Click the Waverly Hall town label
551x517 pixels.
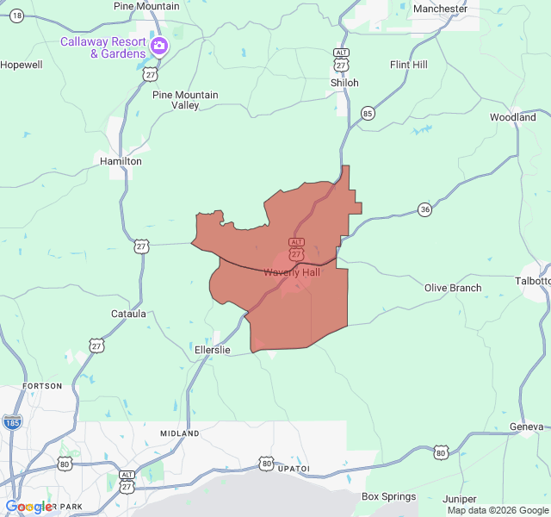[x=292, y=272]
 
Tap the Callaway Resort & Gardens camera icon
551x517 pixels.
[x=158, y=46]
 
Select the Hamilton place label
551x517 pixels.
[x=121, y=161]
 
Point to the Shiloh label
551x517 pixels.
[x=344, y=83]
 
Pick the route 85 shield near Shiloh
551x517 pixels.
[x=368, y=113]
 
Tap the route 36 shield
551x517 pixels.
[x=425, y=209]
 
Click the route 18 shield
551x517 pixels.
[x=17, y=16]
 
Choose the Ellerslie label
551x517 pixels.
[x=213, y=349]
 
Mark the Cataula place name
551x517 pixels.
[x=128, y=315]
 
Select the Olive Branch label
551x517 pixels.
[x=453, y=288]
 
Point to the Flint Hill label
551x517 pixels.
[x=408, y=65]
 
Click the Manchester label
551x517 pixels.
[x=440, y=9]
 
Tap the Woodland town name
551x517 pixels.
[x=513, y=117]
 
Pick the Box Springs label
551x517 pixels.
[x=388, y=496]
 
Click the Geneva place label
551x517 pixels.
[x=526, y=427]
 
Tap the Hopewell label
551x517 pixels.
[x=21, y=65]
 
